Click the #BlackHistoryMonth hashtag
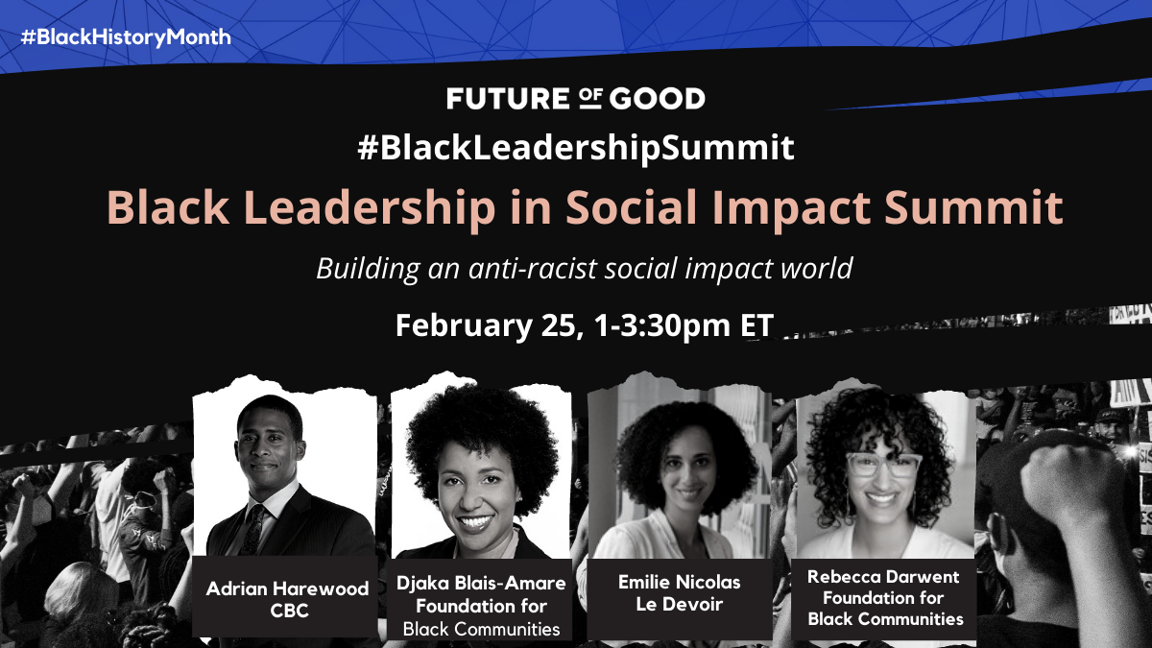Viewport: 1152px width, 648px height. [126, 37]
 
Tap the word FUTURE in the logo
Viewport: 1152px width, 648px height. [508, 98]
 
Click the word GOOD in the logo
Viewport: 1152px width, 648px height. [658, 98]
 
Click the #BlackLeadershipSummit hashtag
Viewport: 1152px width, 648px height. [576, 148]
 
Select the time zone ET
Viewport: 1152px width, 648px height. [757, 325]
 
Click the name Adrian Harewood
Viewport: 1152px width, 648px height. [287, 588]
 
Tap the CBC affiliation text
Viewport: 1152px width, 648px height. [289, 611]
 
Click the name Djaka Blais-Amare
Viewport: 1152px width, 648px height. [481, 583]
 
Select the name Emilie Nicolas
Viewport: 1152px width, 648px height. [680, 582]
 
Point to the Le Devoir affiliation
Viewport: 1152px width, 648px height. [680, 604]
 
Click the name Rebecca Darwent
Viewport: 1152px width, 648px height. [883, 577]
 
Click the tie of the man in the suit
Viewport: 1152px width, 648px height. [253, 530]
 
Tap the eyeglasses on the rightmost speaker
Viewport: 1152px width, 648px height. [883, 464]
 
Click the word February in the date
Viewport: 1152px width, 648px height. [465, 326]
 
